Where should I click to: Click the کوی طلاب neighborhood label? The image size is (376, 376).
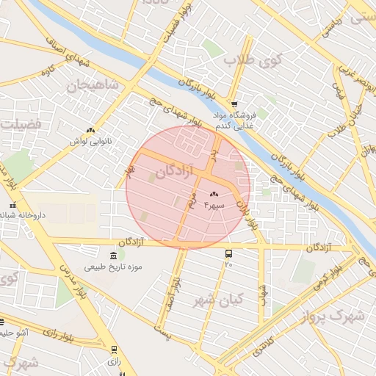pos(249,59)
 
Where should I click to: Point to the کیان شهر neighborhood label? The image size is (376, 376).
pos(218,300)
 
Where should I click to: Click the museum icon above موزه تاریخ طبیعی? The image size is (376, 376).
pos(112,255)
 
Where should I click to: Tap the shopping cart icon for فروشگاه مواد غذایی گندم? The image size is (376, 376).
pos(234,104)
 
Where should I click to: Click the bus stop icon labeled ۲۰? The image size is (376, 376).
pos(228,253)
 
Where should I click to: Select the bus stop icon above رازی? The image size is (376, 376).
pos(114,350)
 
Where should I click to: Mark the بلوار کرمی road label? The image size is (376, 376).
pos(324,277)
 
